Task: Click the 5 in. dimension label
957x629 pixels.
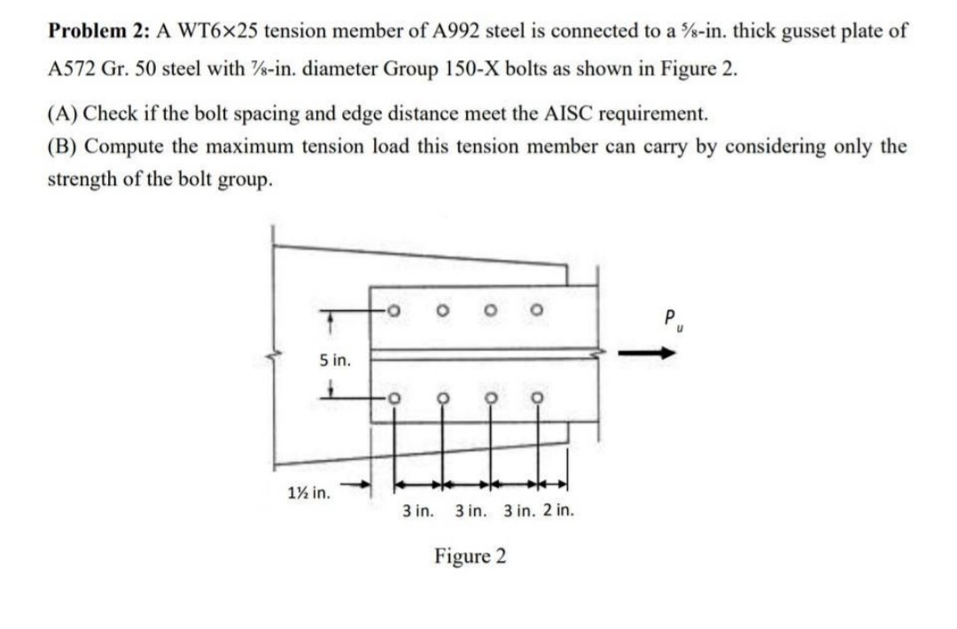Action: pyautogui.click(x=334, y=361)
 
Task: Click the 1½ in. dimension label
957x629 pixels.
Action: pyautogui.click(x=309, y=492)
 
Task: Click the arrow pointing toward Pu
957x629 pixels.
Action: pyautogui.click(x=648, y=353)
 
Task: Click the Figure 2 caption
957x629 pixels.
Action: pyautogui.click(x=471, y=556)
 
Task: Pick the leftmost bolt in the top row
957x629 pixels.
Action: pyautogui.click(x=393, y=311)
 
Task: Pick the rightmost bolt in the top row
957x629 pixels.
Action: pyautogui.click(x=536, y=311)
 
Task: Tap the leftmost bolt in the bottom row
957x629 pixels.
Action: pyautogui.click(x=393, y=398)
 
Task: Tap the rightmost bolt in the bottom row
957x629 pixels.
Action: pyautogui.click(x=537, y=398)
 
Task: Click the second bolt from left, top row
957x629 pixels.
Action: pyautogui.click(x=442, y=311)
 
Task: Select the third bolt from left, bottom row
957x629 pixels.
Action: pyautogui.click(x=491, y=398)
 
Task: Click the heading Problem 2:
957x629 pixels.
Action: pyautogui.click(x=98, y=30)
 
